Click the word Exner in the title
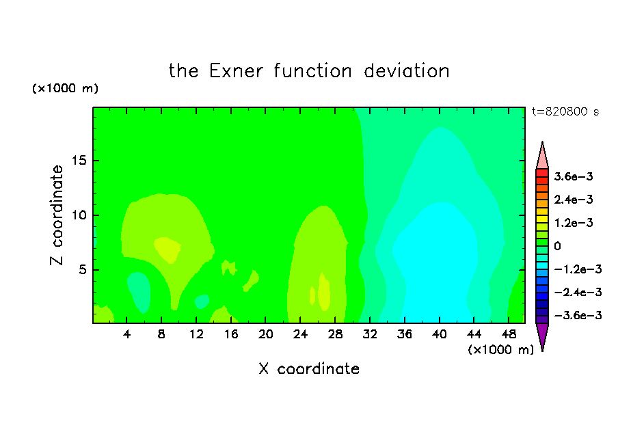[x=236, y=71]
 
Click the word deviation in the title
[x=406, y=71]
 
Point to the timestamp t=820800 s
[x=565, y=112]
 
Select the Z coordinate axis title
[x=57, y=215]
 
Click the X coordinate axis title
[x=309, y=369]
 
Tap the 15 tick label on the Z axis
[x=79, y=161]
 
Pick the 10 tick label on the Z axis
[x=79, y=215]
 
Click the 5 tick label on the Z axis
[x=82, y=269]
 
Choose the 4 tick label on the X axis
[x=126, y=335]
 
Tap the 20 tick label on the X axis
[x=265, y=335]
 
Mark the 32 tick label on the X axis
[x=370, y=335]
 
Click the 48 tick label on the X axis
[x=509, y=335]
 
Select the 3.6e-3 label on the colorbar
[x=574, y=176]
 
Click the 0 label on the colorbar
[x=557, y=246]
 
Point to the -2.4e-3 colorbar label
[x=578, y=293]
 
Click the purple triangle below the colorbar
[x=542, y=336]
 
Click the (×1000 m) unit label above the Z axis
[x=65, y=88]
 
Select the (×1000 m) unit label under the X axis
[x=500, y=350]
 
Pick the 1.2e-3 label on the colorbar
[x=574, y=223]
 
